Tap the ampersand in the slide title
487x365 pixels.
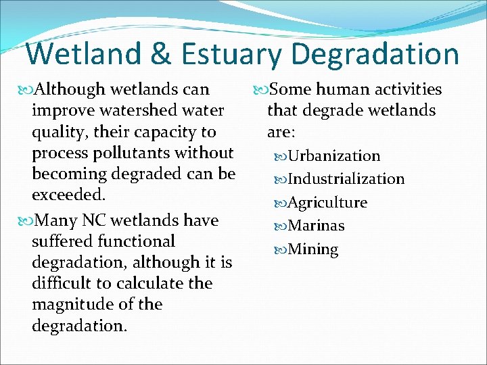[x=158, y=54]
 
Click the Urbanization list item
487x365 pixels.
[x=333, y=156]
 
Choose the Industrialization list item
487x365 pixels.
[x=346, y=179]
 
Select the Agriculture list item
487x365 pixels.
[x=327, y=203]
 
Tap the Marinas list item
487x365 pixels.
[x=316, y=226]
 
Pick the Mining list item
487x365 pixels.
[x=312, y=249]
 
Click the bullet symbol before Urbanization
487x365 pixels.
[x=280, y=157]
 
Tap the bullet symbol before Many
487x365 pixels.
[x=26, y=221]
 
